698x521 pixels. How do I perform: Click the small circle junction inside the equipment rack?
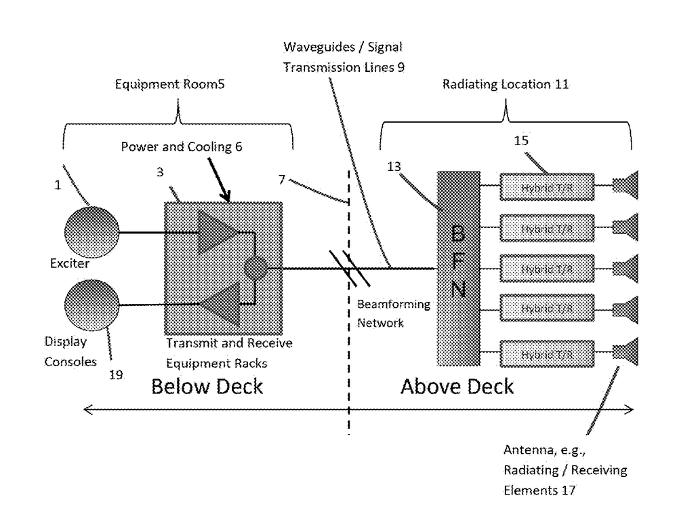(x=255, y=269)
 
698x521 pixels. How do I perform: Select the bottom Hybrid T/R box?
(x=547, y=353)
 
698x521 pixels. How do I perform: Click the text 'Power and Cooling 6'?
(x=182, y=147)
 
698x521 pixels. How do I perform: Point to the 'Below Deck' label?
(x=207, y=387)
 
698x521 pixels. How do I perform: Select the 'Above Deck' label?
(x=457, y=387)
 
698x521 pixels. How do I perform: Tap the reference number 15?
(x=522, y=142)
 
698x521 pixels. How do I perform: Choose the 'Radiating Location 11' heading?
(x=506, y=85)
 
